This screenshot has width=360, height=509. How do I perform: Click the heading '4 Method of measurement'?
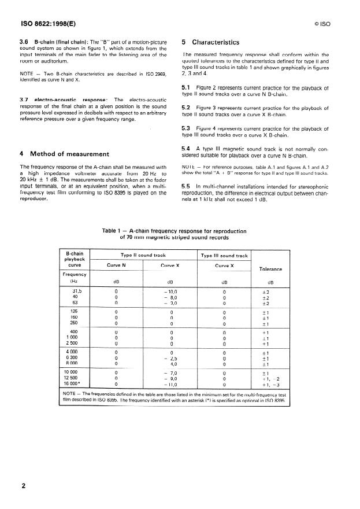click(64, 154)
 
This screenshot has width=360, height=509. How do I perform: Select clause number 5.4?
click(186, 149)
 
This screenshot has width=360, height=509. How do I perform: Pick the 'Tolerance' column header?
click(270, 269)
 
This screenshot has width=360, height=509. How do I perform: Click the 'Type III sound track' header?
click(224, 254)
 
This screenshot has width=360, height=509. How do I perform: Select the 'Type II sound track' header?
click(143, 254)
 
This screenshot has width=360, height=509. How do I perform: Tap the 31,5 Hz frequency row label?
click(77, 292)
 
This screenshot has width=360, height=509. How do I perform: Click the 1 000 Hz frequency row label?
click(77, 337)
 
